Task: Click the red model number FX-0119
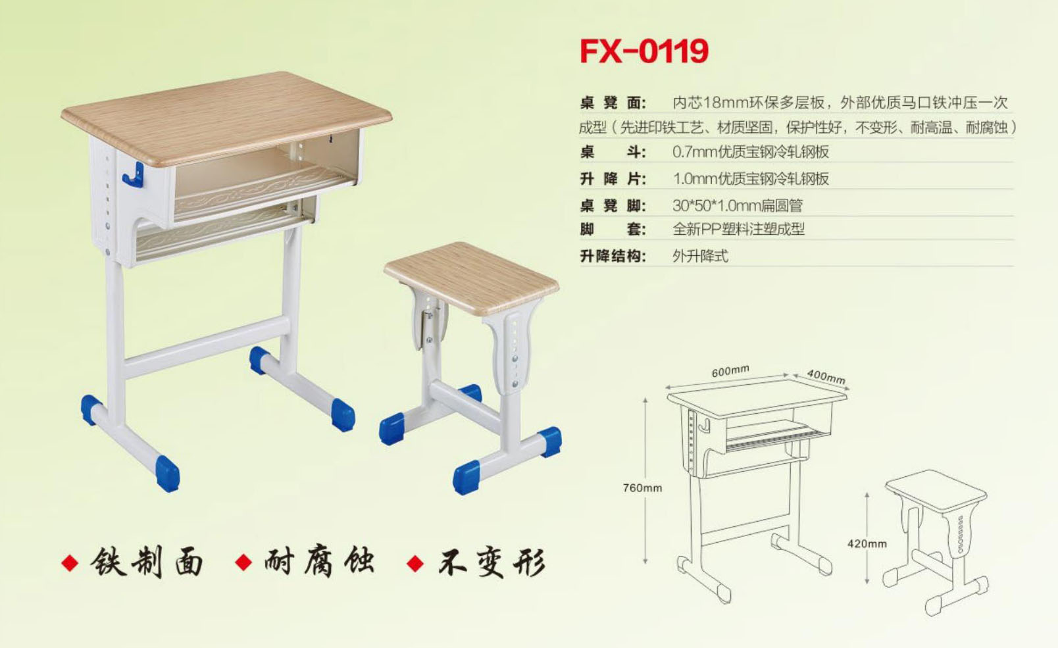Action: click(644, 51)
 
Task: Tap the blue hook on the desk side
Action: click(134, 175)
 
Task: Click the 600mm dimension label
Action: click(730, 371)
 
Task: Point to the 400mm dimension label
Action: click(826, 376)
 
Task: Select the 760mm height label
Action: click(642, 488)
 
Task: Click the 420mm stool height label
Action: click(867, 543)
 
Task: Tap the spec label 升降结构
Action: click(613, 257)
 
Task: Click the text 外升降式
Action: click(700, 257)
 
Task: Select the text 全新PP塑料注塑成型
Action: click(738, 230)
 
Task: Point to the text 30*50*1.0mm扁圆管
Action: click(738, 205)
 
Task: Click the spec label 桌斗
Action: click(613, 152)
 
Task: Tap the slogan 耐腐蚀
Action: click(319, 562)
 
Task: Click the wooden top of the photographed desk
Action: click(227, 118)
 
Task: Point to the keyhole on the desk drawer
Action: click(331, 139)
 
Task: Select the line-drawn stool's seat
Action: click(936, 491)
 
